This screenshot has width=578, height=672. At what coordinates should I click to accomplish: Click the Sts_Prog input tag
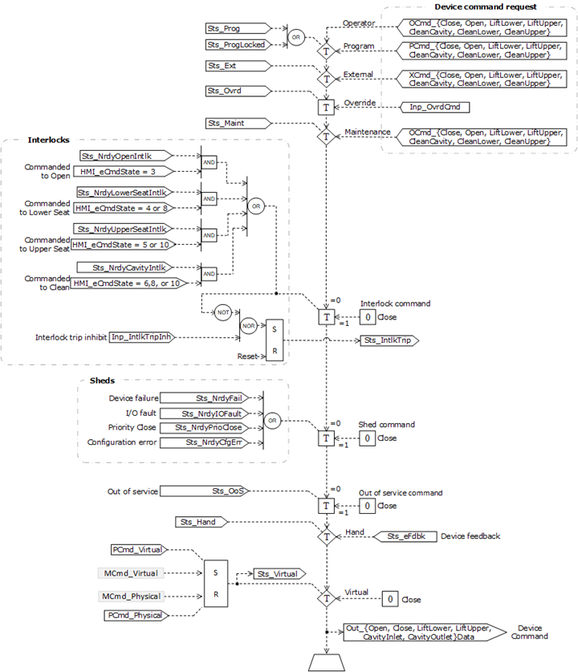[x=233, y=29]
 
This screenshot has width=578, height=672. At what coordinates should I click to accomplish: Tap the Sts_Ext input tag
[x=233, y=66]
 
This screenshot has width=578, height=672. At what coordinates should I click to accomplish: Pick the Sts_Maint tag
[x=233, y=123]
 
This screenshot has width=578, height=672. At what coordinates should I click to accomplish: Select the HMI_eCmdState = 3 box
[x=120, y=172]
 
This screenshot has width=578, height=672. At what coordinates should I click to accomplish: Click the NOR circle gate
[x=248, y=326]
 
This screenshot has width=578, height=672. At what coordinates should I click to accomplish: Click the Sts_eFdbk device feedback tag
[x=405, y=536]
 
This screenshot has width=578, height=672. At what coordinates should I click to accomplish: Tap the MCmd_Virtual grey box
[x=128, y=573]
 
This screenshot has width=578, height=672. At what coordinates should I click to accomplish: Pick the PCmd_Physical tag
[x=136, y=615]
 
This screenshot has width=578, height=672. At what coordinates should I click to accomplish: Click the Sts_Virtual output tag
[x=275, y=574]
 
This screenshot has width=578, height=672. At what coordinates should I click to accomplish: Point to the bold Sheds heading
[x=100, y=381]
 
